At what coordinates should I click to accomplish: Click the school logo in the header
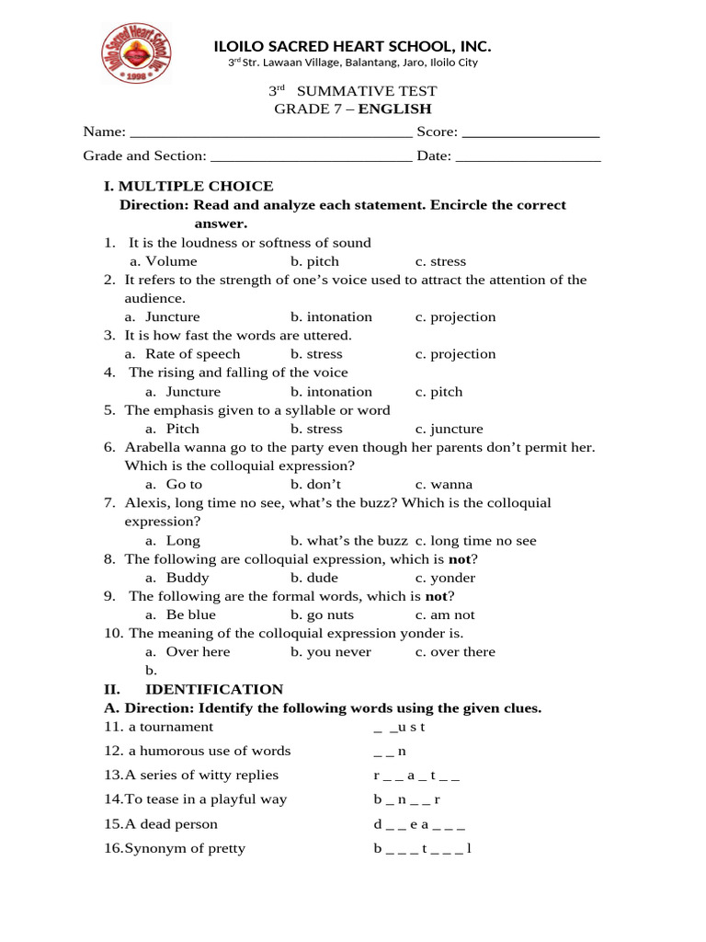tap(135, 52)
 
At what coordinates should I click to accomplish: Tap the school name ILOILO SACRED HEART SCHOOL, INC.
tap(352, 46)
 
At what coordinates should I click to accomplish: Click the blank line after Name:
tap(271, 132)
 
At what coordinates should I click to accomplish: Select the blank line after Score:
tap(531, 132)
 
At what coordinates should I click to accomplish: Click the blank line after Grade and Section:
tap(311, 156)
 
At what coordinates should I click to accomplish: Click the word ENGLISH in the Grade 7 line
tap(394, 109)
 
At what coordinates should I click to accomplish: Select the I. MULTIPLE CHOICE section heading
tap(188, 186)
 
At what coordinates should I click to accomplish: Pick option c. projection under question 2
tap(455, 317)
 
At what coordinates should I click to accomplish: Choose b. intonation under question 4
tap(331, 392)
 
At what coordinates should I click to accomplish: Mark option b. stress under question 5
tap(316, 429)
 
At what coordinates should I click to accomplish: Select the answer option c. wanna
tap(443, 485)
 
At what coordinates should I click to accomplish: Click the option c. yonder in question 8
tap(445, 578)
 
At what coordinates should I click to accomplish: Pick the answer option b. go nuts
tap(322, 615)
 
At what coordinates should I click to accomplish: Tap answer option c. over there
tap(455, 652)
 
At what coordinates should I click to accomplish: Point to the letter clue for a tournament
tap(399, 728)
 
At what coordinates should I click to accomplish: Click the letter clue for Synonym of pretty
tap(422, 848)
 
